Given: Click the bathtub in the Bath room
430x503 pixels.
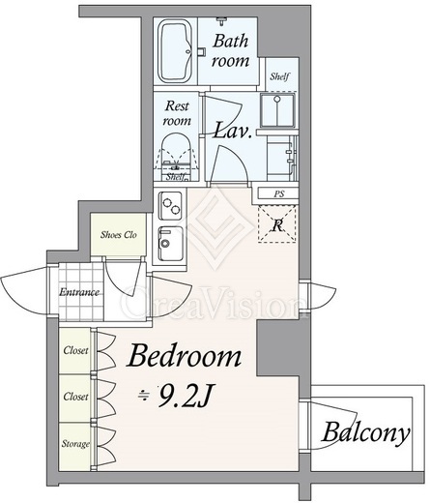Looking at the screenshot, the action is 176,50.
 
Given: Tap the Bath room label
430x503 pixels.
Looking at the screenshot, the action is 231,50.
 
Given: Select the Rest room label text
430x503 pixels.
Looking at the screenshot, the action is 177,113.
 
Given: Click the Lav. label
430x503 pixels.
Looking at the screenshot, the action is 233,131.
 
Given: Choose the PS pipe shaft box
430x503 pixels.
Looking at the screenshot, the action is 278,194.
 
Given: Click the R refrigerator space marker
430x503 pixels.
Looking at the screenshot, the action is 277,224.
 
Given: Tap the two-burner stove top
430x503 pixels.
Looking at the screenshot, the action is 171,205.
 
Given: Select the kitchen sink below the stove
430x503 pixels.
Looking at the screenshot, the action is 171,244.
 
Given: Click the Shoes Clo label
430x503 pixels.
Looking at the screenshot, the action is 119,235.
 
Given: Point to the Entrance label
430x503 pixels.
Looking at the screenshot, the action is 79,292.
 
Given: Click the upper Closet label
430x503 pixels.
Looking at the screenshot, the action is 75,350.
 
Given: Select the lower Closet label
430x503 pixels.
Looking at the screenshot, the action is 75,397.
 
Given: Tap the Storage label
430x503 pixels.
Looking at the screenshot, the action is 75,444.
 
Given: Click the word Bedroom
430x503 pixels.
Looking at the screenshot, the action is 184,356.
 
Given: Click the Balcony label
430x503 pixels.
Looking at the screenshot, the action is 366,432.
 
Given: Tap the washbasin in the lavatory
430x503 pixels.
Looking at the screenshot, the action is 277,110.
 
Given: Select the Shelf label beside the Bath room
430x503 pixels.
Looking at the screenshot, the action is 279,76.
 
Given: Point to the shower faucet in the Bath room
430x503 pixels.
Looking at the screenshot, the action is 222,21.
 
